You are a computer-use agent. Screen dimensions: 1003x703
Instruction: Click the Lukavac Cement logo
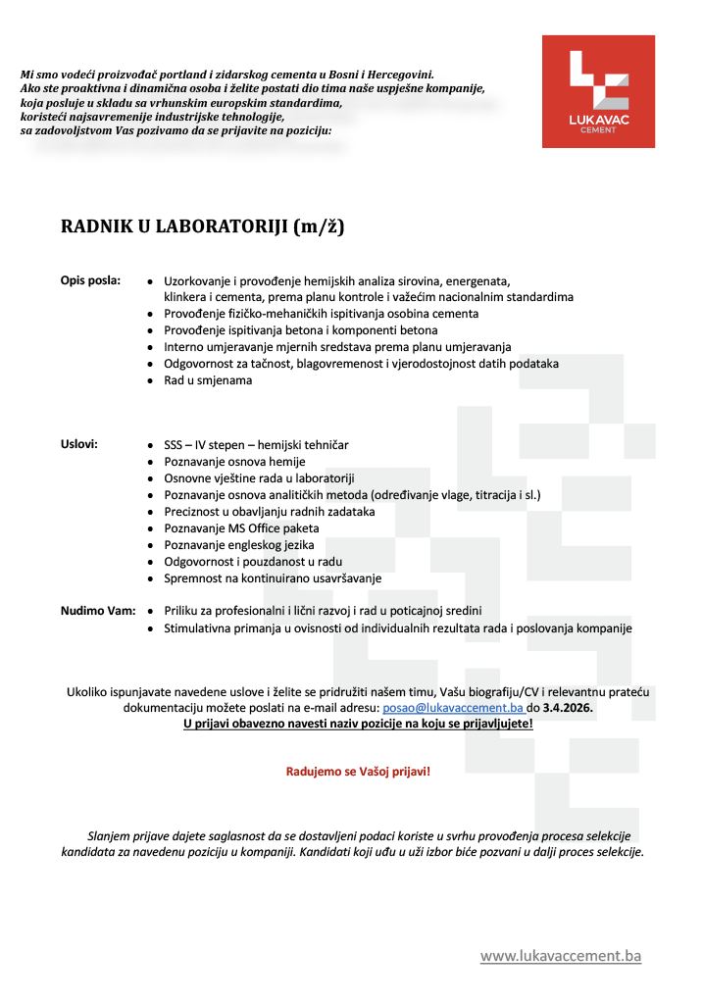point(598,91)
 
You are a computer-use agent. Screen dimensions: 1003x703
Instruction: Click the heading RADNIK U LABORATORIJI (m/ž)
point(203,227)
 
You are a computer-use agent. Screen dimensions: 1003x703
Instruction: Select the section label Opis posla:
point(91,280)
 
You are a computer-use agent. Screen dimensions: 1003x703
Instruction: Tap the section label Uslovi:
point(79,444)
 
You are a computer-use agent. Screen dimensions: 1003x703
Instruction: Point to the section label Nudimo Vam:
point(98,611)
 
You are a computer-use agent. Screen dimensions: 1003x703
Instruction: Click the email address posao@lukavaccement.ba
point(452,707)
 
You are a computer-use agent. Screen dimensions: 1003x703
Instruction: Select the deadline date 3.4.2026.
point(568,707)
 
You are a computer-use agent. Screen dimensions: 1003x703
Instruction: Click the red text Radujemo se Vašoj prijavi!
point(358,772)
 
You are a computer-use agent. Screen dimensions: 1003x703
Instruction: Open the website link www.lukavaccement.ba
point(560,956)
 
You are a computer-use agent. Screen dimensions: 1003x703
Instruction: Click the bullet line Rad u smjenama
point(208,380)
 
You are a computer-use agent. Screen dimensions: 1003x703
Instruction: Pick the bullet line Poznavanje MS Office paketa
point(241,528)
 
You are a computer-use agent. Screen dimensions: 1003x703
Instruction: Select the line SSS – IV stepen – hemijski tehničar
point(256,445)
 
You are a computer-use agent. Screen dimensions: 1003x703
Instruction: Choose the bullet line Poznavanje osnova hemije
point(234,462)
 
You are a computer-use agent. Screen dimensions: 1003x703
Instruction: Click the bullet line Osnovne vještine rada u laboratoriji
point(259,478)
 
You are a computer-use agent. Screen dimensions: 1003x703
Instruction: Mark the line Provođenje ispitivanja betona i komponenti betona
point(301,330)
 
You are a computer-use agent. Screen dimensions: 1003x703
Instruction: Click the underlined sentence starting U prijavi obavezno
point(358,724)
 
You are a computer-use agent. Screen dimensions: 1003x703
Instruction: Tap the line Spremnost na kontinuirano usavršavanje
point(273,578)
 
